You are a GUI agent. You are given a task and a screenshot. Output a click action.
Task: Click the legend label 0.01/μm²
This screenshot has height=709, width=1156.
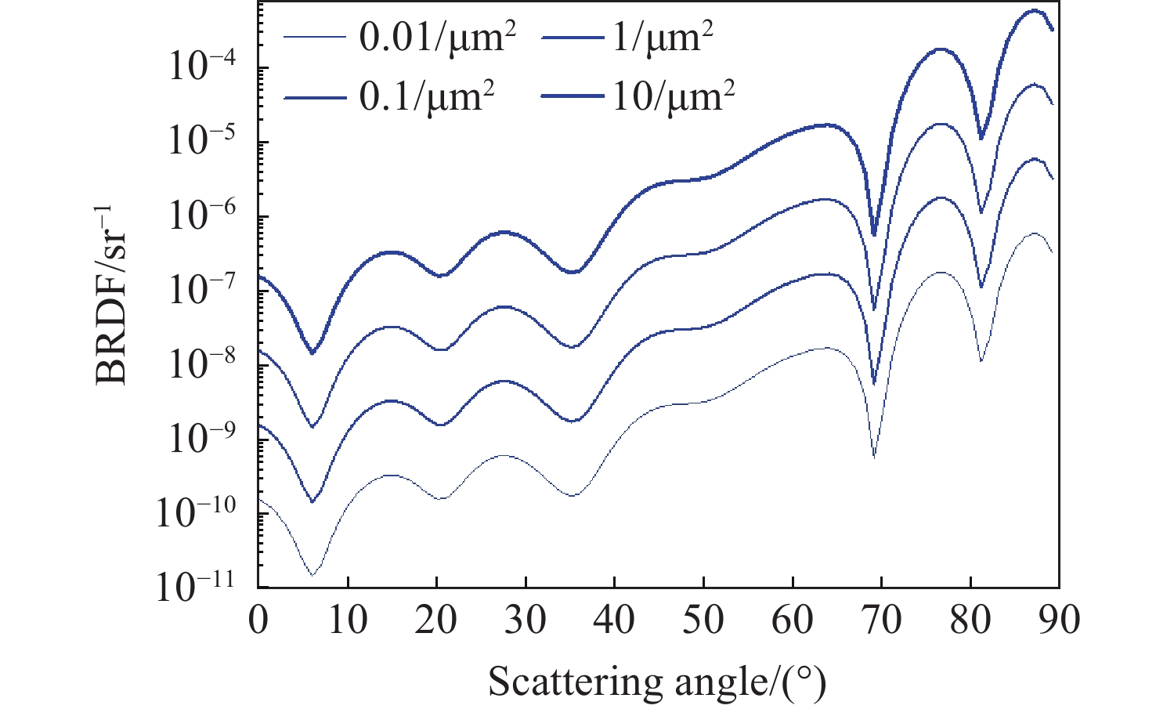tap(437, 38)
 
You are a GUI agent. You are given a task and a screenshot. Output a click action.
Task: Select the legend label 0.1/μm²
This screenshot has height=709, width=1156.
tap(427, 96)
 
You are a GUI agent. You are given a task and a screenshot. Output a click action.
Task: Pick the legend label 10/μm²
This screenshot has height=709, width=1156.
tap(672, 96)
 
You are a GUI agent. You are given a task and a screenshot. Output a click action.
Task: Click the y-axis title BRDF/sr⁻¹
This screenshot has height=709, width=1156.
tap(112, 294)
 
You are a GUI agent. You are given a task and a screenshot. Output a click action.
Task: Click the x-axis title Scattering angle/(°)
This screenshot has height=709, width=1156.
tap(657, 682)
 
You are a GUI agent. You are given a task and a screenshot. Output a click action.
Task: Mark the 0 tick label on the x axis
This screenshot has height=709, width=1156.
tap(258, 620)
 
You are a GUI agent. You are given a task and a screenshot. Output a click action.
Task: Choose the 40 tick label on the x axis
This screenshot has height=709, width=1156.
tap(614, 620)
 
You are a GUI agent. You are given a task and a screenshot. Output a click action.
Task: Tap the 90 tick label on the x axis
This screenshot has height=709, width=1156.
tap(1059, 620)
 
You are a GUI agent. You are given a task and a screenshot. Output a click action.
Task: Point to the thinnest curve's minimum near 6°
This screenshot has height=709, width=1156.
tap(312, 575)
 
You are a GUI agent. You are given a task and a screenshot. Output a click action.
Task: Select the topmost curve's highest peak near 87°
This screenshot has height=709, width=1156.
tap(1035, 10)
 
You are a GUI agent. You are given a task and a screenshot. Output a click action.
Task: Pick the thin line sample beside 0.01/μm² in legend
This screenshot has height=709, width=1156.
tap(315, 38)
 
